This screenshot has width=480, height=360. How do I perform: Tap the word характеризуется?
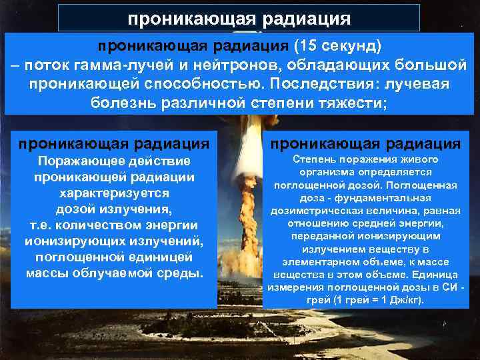(x=114, y=193)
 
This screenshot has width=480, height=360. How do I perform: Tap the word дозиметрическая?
(x=313, y=210)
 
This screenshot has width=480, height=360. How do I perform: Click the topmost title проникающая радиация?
(x=239, y=18)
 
